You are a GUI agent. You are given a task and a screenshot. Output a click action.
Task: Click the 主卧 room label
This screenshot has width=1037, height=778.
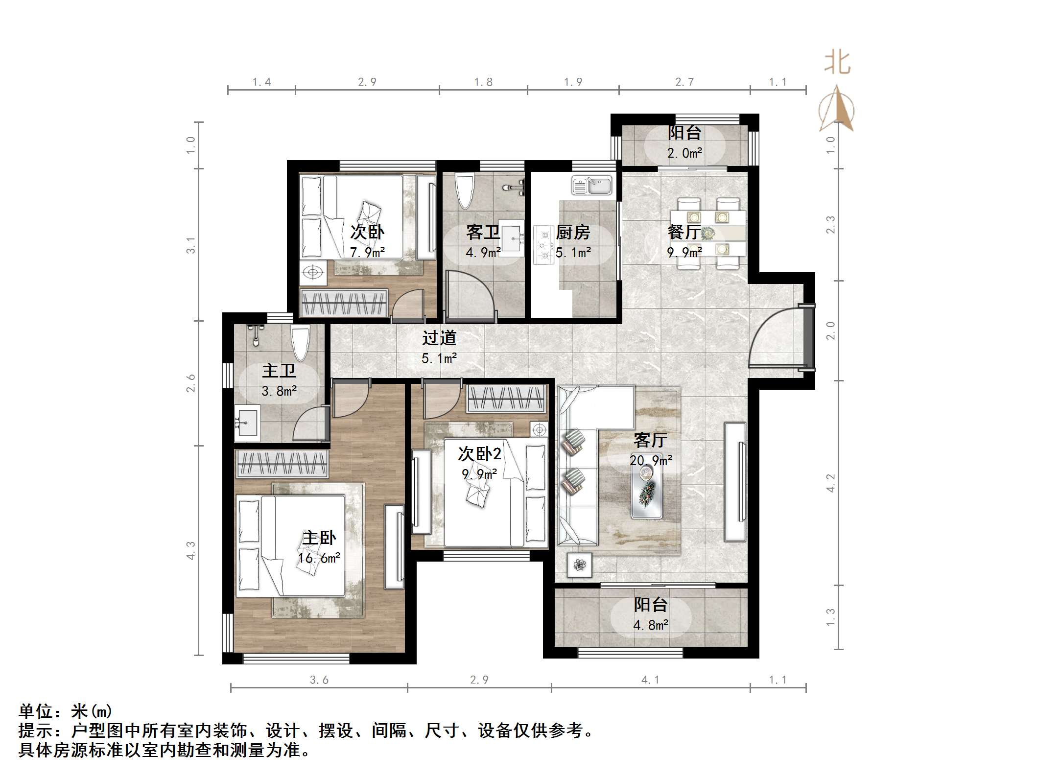click(x=319, y=538)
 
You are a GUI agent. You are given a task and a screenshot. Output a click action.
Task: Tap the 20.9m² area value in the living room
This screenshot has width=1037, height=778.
click(x=651, y=460)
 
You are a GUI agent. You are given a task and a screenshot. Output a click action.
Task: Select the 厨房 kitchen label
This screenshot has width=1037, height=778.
click(x=573, y=232)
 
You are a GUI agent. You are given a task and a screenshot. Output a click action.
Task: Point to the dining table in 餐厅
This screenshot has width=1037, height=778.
click(x=708, y=233)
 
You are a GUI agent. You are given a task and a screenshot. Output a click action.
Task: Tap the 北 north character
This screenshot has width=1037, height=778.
click(x=837, y=64)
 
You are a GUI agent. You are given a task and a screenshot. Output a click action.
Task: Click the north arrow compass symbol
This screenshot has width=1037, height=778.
click(x=837, y=110)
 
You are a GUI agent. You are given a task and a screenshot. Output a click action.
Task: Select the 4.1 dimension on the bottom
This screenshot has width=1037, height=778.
click(x=650, y=680)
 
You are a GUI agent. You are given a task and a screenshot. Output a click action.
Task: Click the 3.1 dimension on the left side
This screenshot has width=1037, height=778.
click(x=191, y=245)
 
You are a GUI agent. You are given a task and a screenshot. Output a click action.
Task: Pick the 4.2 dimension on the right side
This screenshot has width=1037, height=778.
click(x=830, y=483)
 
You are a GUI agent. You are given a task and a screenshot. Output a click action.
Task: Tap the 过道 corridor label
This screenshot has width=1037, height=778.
click(x=439, y=338)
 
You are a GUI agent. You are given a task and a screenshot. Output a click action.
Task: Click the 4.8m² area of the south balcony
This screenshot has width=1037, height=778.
click(x=651, y=625)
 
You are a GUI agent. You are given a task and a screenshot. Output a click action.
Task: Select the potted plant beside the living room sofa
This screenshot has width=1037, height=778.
click(x=580, y=565)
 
